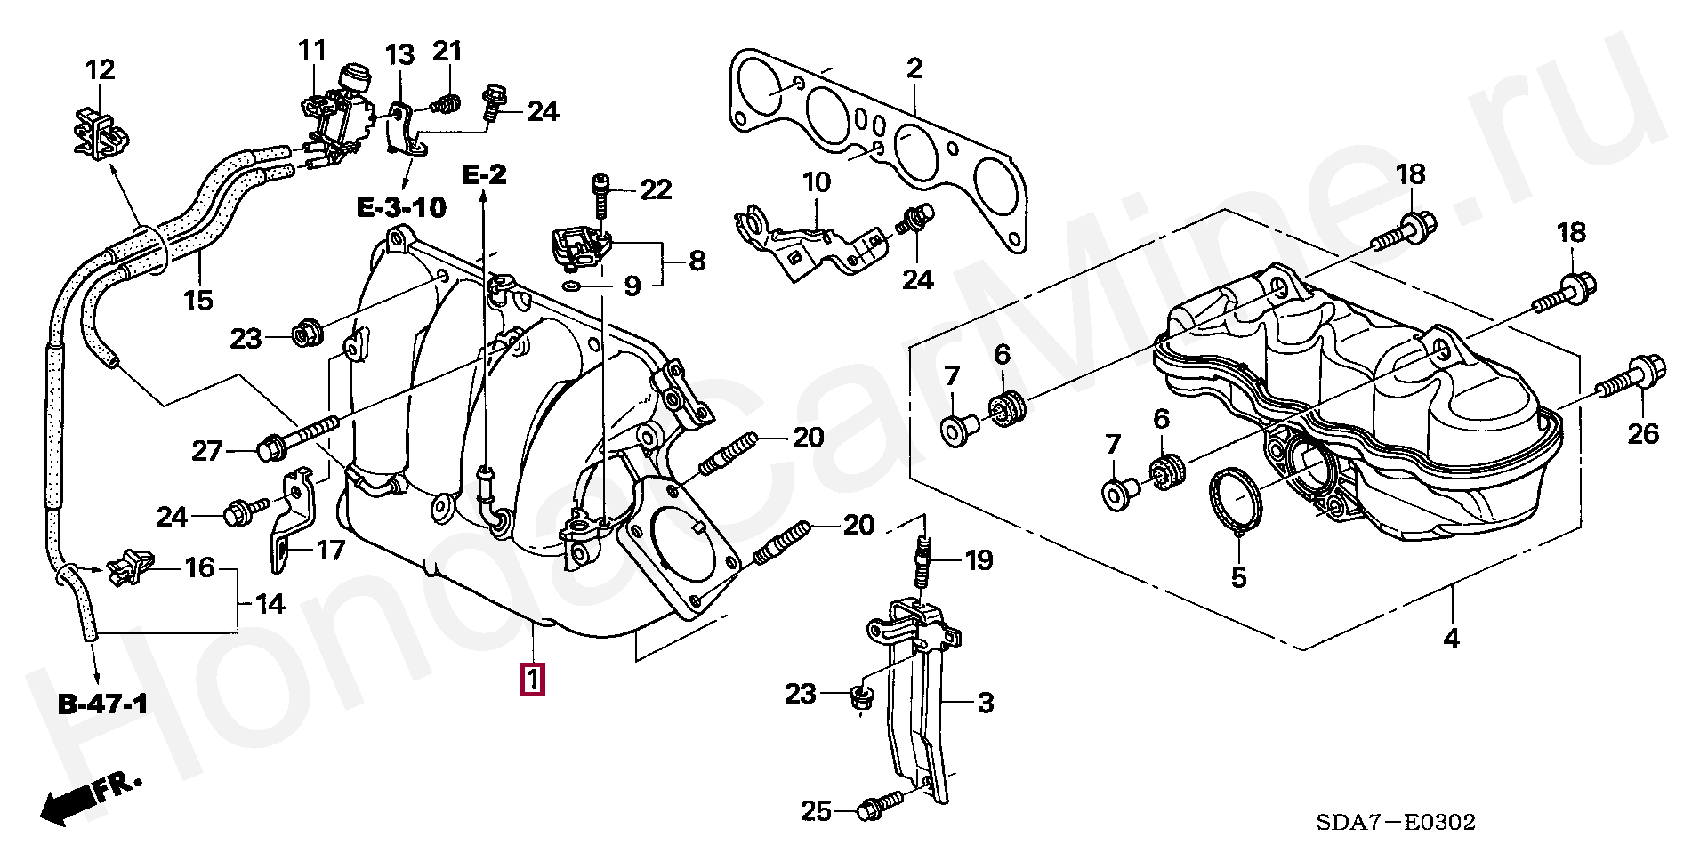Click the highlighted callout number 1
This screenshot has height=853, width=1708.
pos(532,680)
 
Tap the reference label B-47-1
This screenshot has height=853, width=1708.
pos(103,705)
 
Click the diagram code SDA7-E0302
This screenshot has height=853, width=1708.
pos(1400,822)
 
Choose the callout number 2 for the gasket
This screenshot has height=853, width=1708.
pos(914,68)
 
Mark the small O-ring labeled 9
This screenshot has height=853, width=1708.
pos(572,286)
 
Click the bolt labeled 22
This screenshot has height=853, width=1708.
pos(602,197)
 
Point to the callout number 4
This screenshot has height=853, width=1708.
pos(1451,637)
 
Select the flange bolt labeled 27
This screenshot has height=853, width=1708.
pos(297,436)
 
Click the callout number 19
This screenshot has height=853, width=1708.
pos(979,560)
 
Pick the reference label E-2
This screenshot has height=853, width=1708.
pos(484,174)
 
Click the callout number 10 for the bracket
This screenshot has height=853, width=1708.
pos(816,183)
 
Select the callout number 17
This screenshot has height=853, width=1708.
pos(330,551)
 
